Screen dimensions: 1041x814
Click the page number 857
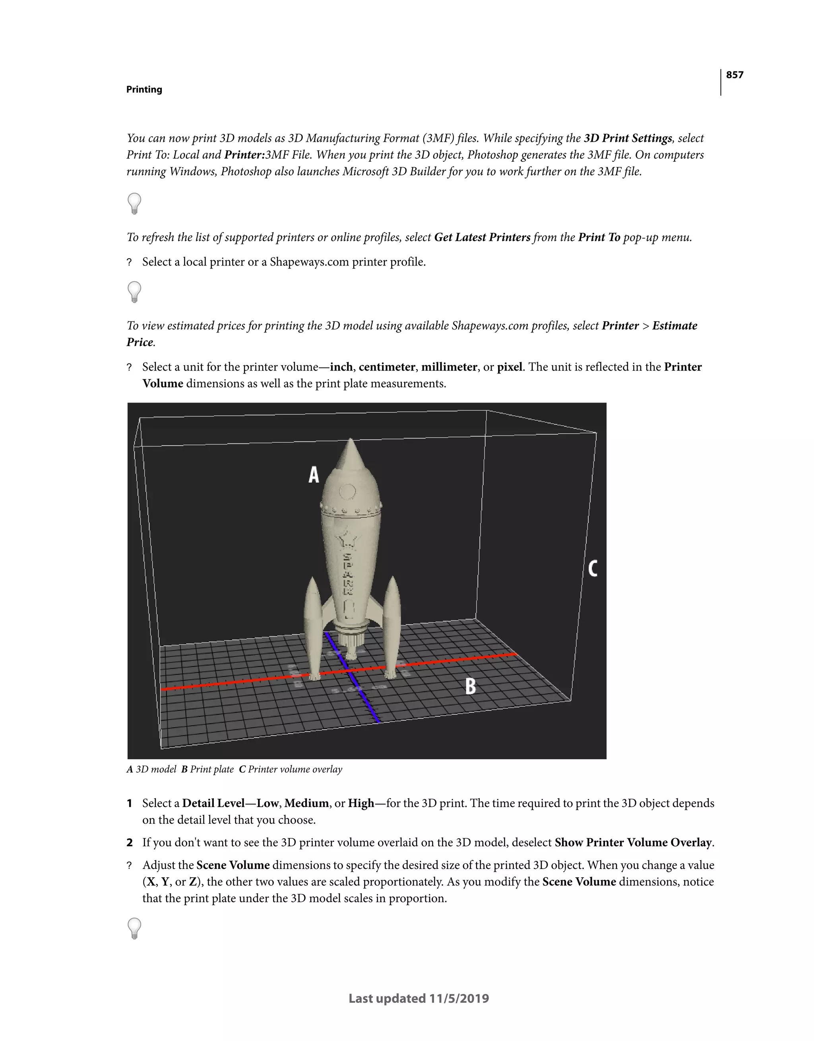coord(735,75)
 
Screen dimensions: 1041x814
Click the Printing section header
coord(144,90)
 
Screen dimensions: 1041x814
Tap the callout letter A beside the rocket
coord(313,475)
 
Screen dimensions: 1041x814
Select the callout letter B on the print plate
coord(470,687)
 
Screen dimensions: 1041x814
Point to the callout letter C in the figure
coord(592,569)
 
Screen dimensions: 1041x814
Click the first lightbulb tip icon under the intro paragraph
coord(134,203)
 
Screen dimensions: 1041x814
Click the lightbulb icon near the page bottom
coord(134,928)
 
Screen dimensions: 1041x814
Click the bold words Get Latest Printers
coord(482,237)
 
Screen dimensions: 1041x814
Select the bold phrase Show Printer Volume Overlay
coord(634,842)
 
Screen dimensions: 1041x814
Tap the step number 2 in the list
coord(129,842)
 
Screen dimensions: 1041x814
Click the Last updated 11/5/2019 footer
coord(419,998)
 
